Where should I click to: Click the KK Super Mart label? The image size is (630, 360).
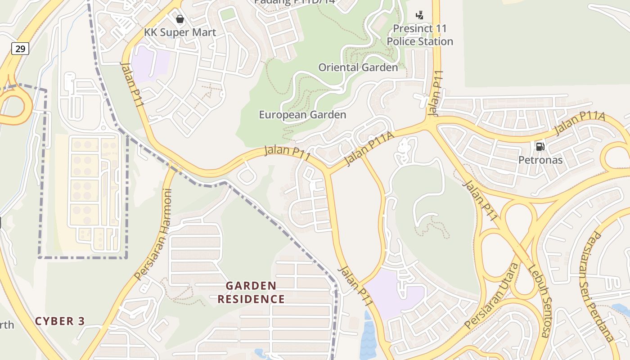point(180,32)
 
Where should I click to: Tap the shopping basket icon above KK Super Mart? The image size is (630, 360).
point(180,19)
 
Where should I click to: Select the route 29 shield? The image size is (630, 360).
point(20,49)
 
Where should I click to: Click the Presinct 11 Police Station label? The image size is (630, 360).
point(420,35)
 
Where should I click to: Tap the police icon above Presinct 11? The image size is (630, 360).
point(419,15)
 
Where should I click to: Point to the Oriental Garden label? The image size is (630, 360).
point(358,67)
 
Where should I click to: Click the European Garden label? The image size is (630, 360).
point(302,115)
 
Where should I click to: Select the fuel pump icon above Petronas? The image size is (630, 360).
point(540,146)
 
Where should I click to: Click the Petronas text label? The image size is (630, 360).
point(540,160)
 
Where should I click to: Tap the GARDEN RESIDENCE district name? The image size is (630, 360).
point(251,292)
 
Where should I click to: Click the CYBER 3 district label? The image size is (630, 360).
point(60,321)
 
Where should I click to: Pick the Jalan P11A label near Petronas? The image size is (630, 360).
point(580,124)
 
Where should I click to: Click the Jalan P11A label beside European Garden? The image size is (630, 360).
point(369,148)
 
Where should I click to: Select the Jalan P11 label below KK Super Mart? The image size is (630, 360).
point(132,85)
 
